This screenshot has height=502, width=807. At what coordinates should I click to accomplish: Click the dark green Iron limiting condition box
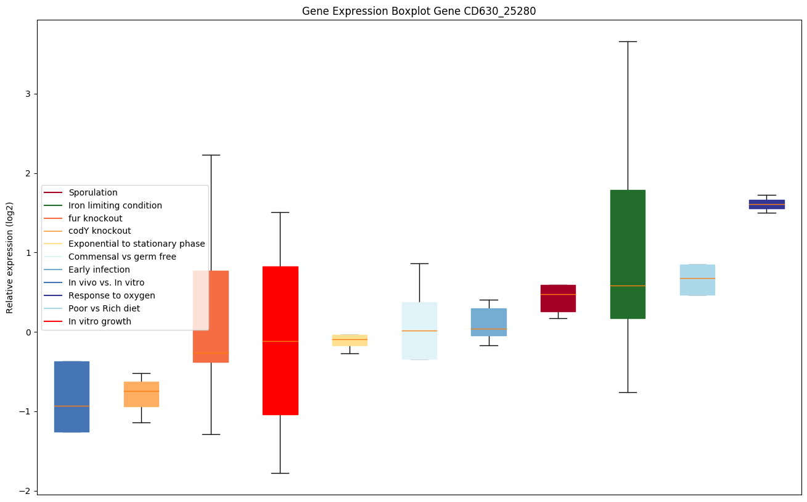click(628, 253)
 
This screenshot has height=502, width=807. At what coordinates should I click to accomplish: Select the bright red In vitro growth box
click(280, 340)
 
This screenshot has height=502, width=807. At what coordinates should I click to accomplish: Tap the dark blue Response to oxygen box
click(766, 204)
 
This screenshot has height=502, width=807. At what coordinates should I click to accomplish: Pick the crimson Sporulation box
click(558, 298)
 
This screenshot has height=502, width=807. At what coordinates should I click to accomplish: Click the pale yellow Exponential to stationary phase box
click(350, 340)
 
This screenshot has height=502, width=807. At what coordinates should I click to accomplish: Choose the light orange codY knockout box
click(141, 394)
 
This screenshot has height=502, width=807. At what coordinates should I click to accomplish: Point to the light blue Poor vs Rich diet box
click(697, 279)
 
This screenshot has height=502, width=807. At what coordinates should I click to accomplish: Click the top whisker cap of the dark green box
click(628, 41)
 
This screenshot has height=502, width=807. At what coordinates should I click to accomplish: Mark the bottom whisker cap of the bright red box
click(280, 473)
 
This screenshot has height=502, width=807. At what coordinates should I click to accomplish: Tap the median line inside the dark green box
click(628, 286)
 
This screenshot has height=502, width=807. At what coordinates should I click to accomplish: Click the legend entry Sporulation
click(93, 193)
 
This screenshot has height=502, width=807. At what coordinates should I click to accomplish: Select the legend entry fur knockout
click(96, 218)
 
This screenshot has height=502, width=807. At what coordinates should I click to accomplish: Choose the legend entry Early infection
click(99, 270)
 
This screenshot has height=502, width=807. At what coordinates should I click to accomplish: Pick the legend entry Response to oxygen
click(112, 295)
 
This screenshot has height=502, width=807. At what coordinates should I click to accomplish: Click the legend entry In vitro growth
click(100, 321)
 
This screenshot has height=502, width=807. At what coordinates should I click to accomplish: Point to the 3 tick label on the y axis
click(27, 94)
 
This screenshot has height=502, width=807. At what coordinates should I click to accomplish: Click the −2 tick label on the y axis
click(25, 491)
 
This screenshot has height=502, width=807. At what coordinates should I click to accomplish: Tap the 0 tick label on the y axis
click(27, 332)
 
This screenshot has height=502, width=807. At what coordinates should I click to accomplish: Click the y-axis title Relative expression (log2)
click(10, 257)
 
